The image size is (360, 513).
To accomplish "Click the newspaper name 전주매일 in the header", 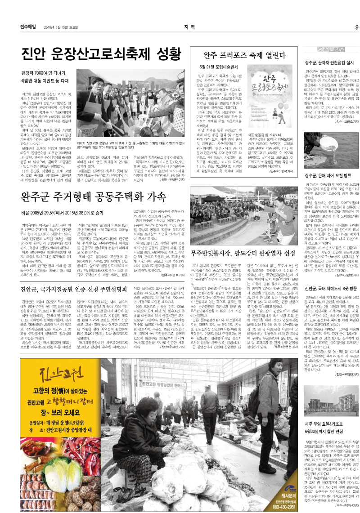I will [x=29, y=27].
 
